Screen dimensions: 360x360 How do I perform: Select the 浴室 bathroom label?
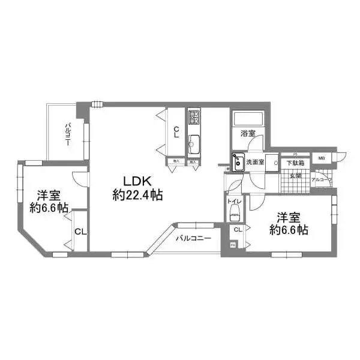pyautogui.click(x=248, y=133)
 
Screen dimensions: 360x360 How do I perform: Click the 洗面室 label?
pyautogui.click(x=255, y=162)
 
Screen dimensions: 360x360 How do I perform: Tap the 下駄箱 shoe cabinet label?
pyautogui.click(x=295, y=163)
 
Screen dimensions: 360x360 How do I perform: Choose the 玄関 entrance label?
pyautogui.click(x=295, y=175)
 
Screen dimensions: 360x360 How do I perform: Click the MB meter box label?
pyautogui.click(x=322, y=158)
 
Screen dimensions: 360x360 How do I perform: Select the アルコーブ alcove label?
pyautogui.click(x=323, y=179)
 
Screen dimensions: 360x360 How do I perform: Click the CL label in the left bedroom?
pyautogui.click(x=79, y=231)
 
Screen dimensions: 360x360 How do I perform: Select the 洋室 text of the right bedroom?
pyautogui.click(x=289, y=217)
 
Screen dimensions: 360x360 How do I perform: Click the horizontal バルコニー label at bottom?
pyautogui.click(x=193, y=238)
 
